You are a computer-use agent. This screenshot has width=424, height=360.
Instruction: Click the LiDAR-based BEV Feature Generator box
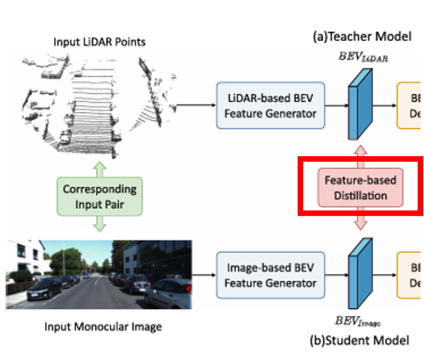point(270,106)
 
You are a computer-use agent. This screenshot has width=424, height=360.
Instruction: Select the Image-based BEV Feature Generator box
point(270,275)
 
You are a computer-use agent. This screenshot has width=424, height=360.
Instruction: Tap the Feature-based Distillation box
point(360,188)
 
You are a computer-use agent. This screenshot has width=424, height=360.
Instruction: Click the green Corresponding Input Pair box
point(100,196)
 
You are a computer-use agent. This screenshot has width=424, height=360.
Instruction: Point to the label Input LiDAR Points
point(99,42)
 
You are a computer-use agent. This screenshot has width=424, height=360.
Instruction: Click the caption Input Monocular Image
point(103,327)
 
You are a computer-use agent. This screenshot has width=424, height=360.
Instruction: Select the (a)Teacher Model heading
point(362,37)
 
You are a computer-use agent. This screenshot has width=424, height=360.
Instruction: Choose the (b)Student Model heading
point(359,340)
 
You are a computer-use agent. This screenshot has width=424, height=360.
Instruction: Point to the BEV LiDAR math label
point(363,57)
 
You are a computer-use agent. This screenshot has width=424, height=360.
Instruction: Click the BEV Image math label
point(358,320)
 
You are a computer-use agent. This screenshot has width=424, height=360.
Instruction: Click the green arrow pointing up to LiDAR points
point(99,168)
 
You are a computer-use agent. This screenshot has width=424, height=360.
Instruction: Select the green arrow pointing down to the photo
point(99,224)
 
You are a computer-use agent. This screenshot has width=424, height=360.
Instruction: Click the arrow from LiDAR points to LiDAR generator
point(195,105)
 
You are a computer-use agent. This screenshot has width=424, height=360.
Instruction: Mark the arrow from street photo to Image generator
point(204,275)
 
